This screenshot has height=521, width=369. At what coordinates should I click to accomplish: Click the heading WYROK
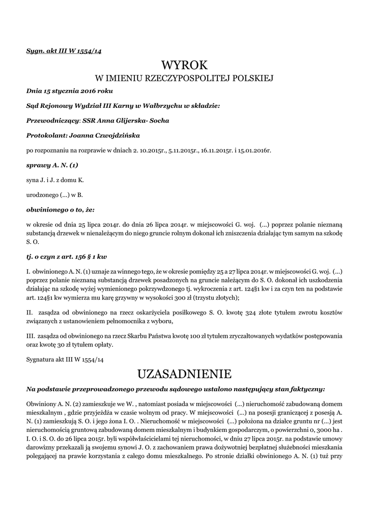click(x=185, y=65)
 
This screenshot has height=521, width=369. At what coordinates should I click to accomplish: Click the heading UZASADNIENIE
click(x=185, y=374)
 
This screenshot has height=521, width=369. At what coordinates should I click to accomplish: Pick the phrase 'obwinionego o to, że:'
click(x=60, y=209)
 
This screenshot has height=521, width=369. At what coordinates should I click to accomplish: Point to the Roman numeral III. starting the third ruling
click(x=31, y=336)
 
